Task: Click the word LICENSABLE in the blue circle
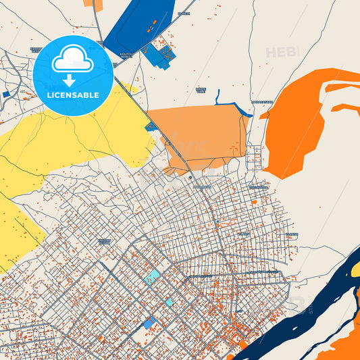click(73, 95)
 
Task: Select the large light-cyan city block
click(152, 277)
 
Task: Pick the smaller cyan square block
click(169, 302)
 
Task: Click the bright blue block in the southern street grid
click(148, 324)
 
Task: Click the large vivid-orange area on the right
click(297, 122)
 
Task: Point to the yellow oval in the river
click(355, 272)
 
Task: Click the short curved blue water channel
click(230, 106)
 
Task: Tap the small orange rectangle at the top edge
click(93, 4)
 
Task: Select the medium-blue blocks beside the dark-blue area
click(159, 55)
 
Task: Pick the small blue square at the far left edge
click(5, 95)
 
